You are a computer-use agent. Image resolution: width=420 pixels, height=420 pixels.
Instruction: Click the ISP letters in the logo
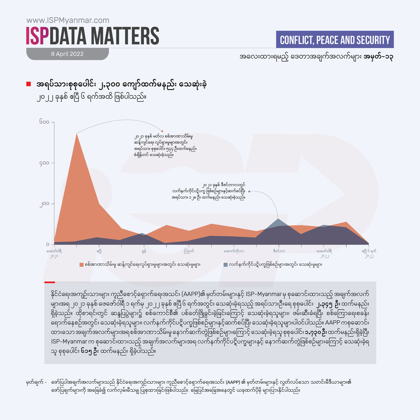[x=37, y=36]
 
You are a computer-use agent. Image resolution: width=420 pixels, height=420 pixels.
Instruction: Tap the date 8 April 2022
[x=67, y=54]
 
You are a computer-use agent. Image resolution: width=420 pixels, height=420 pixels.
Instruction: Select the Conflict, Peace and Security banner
[x=335, y=40]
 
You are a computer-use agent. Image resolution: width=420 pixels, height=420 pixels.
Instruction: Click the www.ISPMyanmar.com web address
[x=68, y=20]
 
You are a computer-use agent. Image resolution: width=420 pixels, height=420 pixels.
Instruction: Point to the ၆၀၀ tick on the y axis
[x=44, y=122]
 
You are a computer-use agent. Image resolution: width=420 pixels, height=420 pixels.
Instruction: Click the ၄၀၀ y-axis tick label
[x=44, y=163]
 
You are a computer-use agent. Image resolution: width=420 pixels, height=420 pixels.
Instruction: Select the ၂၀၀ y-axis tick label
[x=44, y=204]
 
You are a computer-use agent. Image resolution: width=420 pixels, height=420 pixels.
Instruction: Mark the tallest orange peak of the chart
[x=77, y=133]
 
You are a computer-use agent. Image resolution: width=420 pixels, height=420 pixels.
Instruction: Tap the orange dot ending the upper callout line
[x=162, y=131]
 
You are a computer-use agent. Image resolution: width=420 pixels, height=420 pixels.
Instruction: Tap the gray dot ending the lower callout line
[x=249, y=191]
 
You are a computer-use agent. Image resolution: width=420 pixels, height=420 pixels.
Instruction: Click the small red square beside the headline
[x=28, y=84]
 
